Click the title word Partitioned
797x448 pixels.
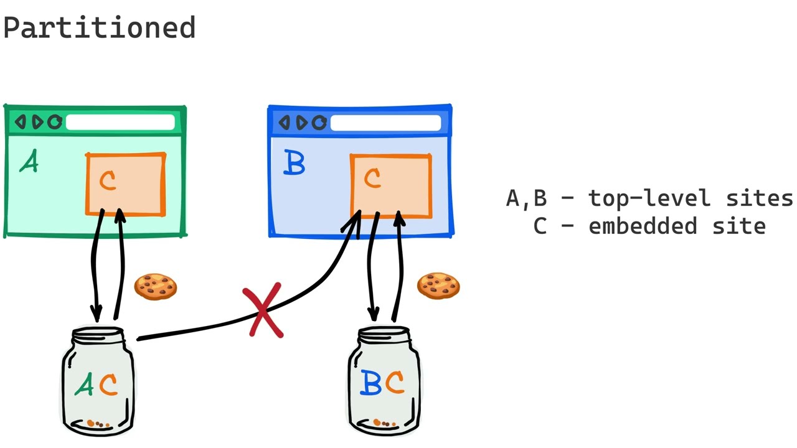pyautogui.click(x=100, y=29)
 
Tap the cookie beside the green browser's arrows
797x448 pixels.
pyautogui.click(x=156, y=287)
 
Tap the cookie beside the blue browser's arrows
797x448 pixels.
pyautogui.click(x=438, y=286)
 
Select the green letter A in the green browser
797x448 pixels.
pyautogui.click(x=29, y=162)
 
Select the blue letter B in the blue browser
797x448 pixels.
pyautogui.click(x=294, y=163)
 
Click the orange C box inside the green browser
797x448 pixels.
pyautogui.click(x=126, y=184)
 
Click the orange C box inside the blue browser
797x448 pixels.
pyautogui.click(x=390, y=185)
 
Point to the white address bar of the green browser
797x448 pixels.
pyautogui.click(x=120, y=123)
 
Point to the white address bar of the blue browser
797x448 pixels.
pyautogui.click(x=385, y=123)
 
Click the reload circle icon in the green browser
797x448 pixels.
pyautogui.click(x=55, y=122)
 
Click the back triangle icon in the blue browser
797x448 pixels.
pyautogui.click(x=285, y=123)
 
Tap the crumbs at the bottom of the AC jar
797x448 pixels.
pyautogui.click(x=98, y=424)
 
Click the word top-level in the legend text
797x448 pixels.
pyautogui.click(x=650, y=198)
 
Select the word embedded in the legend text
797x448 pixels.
pyautogui.click(x=643, y=226)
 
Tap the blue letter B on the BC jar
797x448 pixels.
pyautogui.click(x=371, y=383)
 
